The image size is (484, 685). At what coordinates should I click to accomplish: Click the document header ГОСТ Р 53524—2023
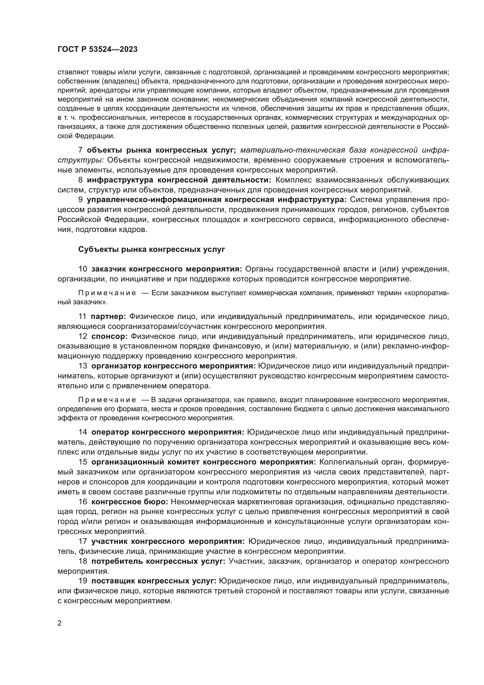[97, 49]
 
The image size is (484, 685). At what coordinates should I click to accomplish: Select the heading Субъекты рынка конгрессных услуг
[151, 250]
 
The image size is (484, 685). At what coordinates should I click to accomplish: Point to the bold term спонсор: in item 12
[109, 336]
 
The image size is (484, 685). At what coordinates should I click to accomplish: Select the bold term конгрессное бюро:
[130, 502]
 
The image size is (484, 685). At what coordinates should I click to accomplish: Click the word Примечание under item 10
[107, 293]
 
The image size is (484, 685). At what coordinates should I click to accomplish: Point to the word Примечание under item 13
[107, 399]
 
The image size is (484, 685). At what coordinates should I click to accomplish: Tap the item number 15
[83, 462]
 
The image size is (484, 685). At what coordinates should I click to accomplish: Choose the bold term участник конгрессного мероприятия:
[168, 541]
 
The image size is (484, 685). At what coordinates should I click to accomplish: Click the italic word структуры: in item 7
[80, 160]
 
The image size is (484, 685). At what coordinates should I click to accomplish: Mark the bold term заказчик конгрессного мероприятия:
[167, 269]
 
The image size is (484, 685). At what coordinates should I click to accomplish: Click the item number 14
[83, 432]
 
